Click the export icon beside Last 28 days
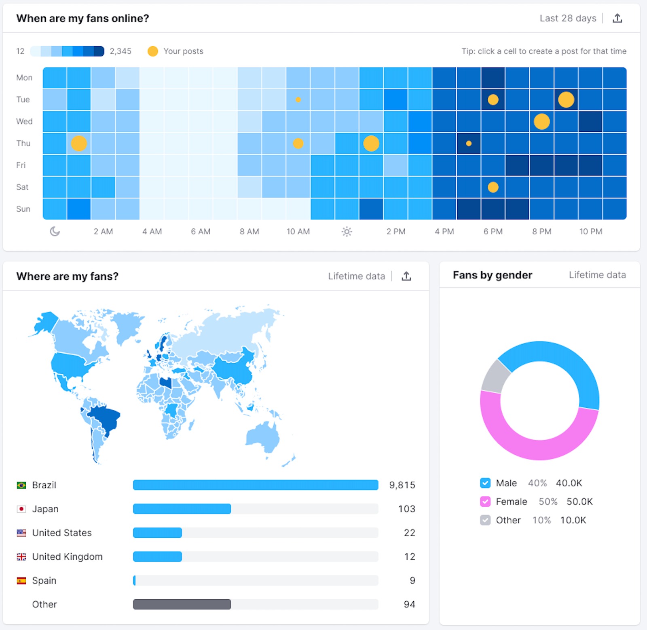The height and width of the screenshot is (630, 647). point(617,18)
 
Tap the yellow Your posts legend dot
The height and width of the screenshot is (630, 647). point(153,51)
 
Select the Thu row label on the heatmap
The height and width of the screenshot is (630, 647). point(23,143)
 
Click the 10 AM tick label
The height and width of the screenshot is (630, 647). point(298,232)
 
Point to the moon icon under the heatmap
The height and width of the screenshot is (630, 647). point(55,232)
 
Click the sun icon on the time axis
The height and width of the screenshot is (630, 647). point(347,232)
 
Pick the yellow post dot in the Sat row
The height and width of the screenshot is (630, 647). point(493,187)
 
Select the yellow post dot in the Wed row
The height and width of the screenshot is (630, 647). point(541,121)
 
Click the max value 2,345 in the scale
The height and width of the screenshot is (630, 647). point(121,51)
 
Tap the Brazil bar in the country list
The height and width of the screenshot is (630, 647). point(255,485)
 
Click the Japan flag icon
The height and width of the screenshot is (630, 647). point(21,509)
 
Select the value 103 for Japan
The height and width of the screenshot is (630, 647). point(406,509)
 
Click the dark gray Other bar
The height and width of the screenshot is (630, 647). point(182,604)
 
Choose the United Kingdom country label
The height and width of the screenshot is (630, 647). point(67,556)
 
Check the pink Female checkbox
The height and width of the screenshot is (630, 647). point(485,501)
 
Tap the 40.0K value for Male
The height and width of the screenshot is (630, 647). point(569,483)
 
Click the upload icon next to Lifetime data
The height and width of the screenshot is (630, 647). point(406,276)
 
